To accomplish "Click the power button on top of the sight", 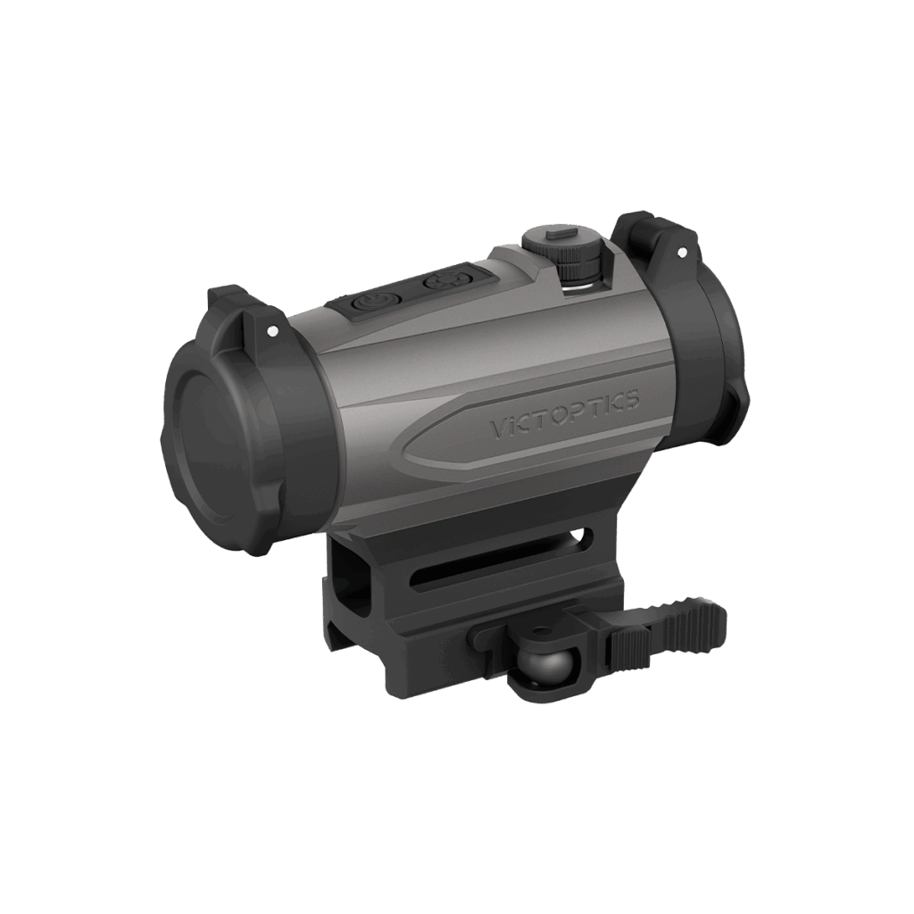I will point(371,303).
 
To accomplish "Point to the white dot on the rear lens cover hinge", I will point(681,253).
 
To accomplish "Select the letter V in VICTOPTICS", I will point(496,430).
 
